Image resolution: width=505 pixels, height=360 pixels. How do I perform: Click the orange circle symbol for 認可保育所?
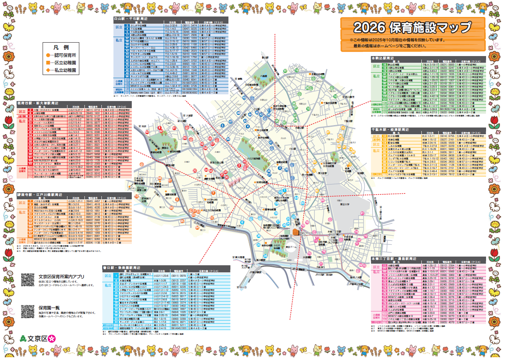(48, 55)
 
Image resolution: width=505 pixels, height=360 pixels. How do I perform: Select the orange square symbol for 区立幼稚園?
(48, 63)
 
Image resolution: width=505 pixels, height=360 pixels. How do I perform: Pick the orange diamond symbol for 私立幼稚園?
(48, 70)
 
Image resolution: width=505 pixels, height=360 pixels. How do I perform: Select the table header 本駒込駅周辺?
(384, 58)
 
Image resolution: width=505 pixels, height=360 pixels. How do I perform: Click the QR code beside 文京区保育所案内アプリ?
(28, 280)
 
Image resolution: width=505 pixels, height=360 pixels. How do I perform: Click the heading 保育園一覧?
(49, 308)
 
